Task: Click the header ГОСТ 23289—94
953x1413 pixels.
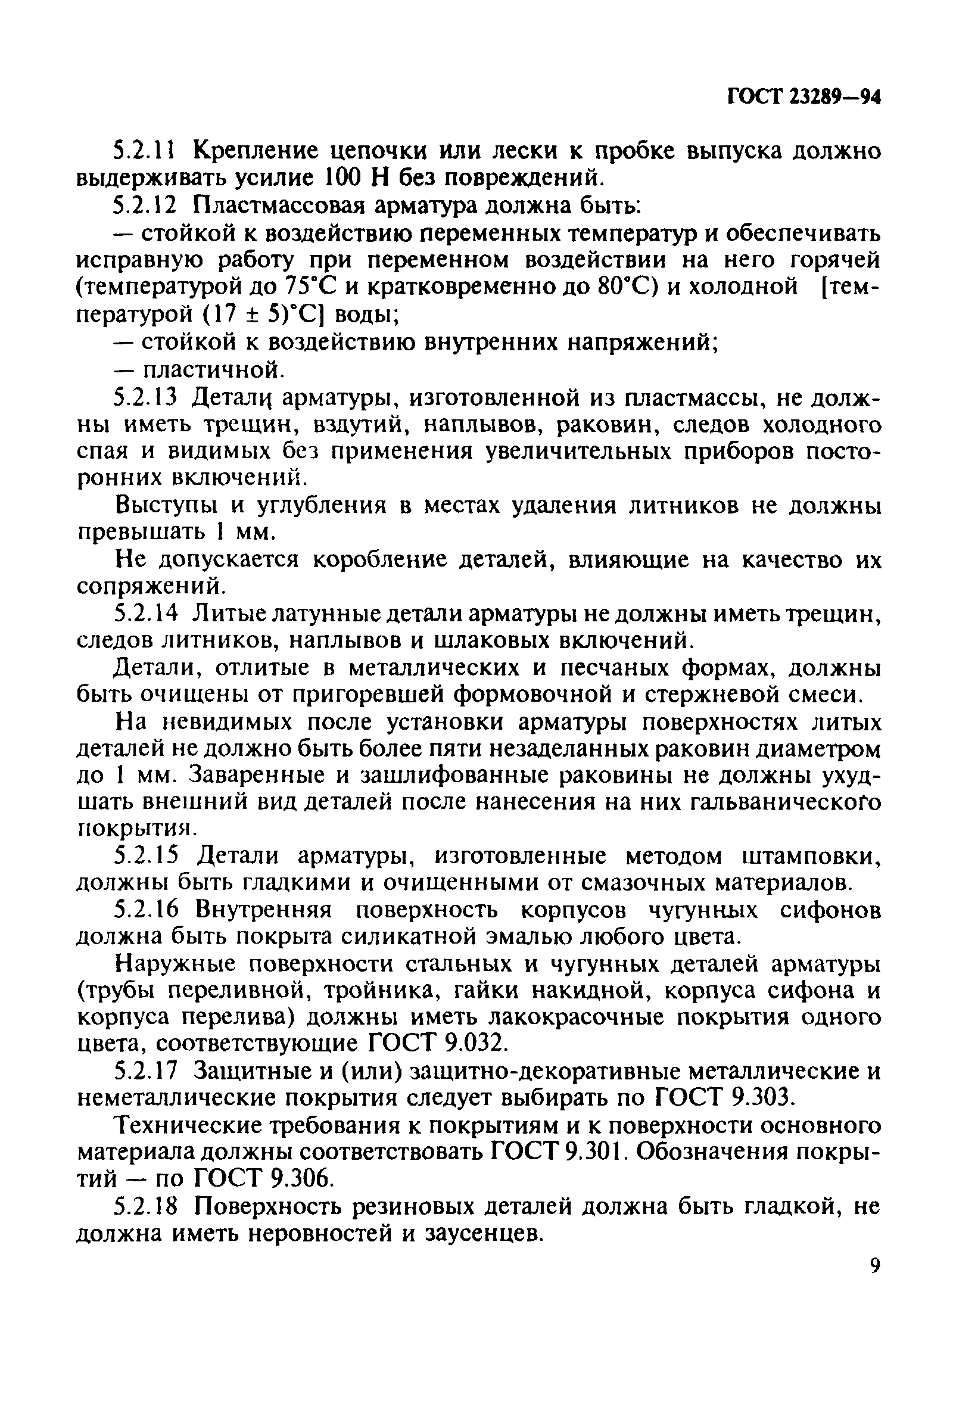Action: click(x=803, y=97)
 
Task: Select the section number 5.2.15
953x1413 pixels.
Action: click(x=145, y=855)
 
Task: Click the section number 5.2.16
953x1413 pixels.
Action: click(x=145, y=910)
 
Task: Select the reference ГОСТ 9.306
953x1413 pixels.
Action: click(x=263, y=1179)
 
